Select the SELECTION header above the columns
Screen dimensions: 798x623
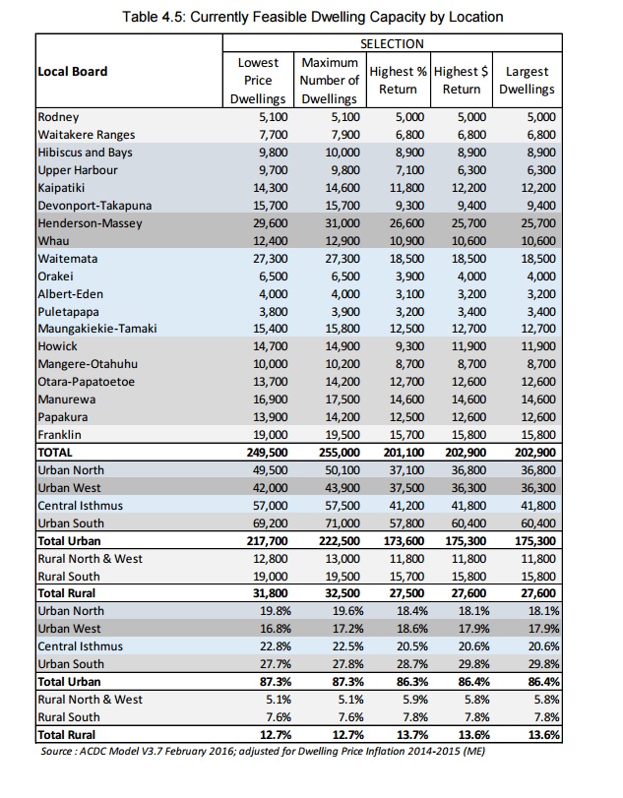point(392,43)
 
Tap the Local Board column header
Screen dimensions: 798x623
point(73,71)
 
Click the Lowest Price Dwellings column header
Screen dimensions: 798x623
point(258,81)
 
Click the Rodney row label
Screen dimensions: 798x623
point(58,116)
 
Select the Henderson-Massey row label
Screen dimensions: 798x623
point(90,224)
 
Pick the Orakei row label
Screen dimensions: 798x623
point(56,276)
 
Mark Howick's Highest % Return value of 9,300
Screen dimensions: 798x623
point(403,345)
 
